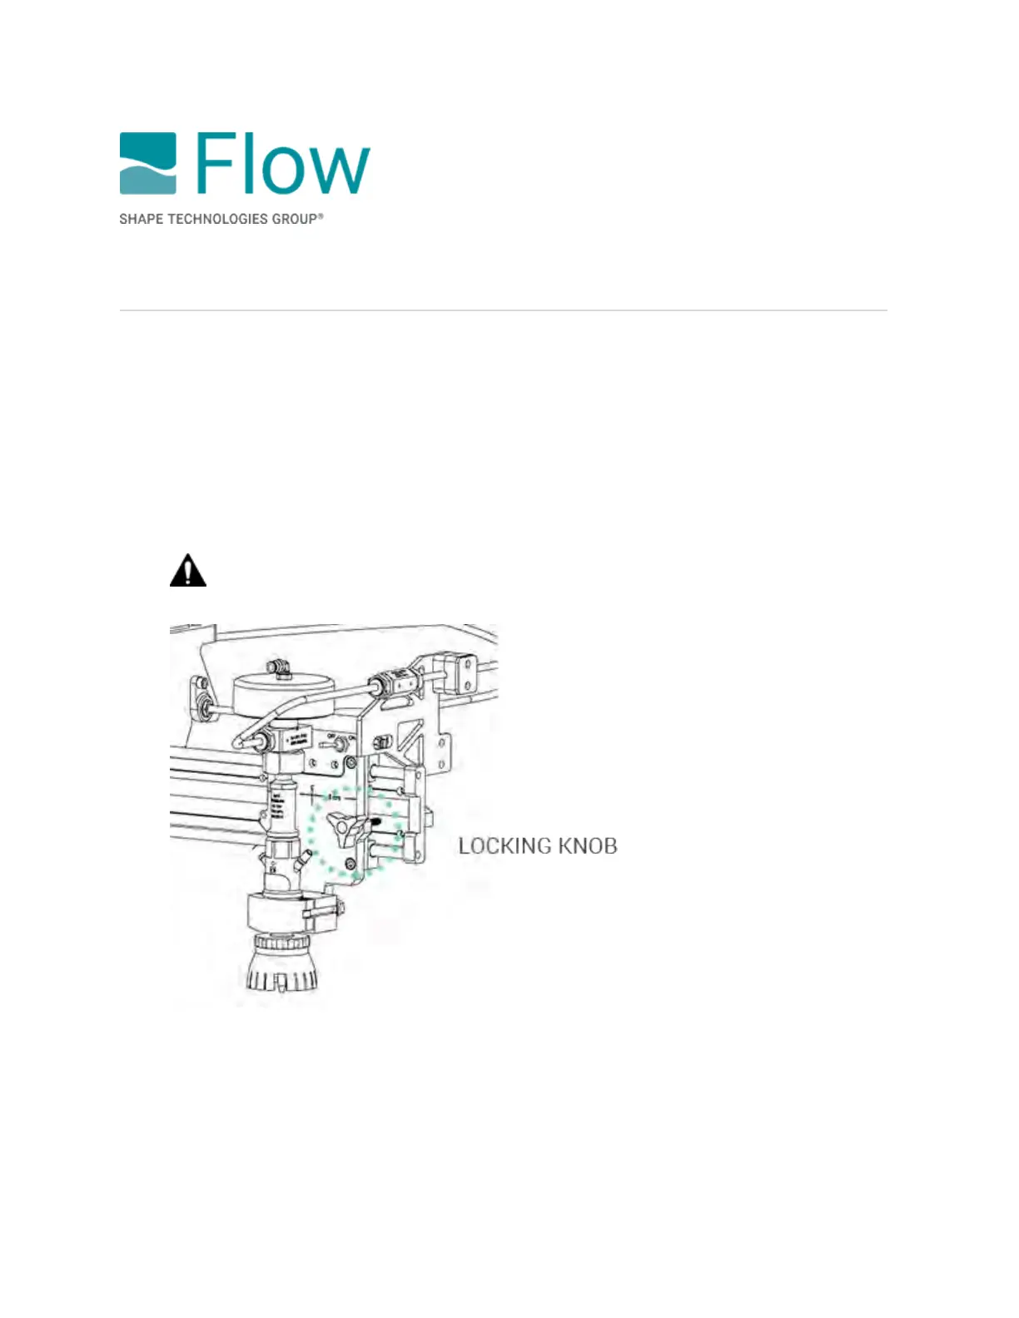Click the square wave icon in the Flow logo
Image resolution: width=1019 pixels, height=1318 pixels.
click(147, 162)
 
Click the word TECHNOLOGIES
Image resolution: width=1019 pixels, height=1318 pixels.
click(217, 219)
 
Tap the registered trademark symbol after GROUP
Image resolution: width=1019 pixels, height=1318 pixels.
click(321, 216)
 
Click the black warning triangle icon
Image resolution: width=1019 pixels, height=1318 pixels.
click(188, 571)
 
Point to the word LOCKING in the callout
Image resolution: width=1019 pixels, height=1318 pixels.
click(505, 846)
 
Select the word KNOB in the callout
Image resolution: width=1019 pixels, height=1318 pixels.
click(588, 846)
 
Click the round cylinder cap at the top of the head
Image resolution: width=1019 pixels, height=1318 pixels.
click(285, 693)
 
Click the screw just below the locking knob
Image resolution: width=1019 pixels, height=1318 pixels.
click(350, 865)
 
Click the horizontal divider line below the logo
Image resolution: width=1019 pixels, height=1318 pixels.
click(503, 310)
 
